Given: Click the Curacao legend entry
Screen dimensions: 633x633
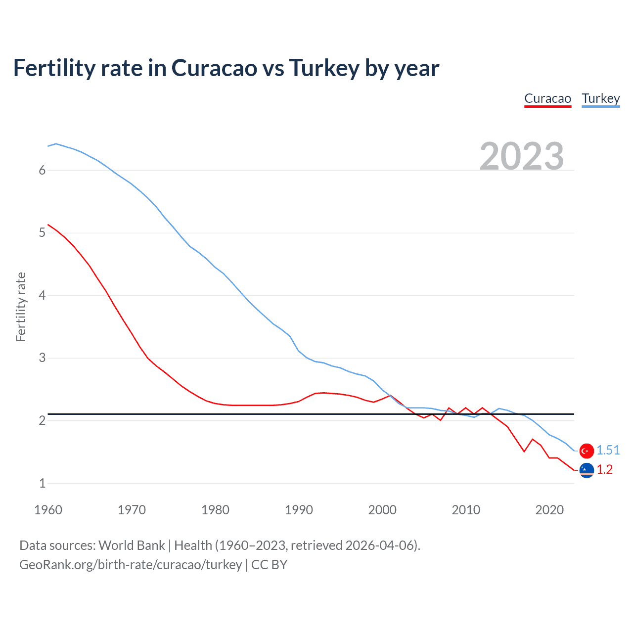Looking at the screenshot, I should click(547, 98).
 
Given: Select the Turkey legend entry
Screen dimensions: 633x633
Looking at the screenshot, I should click(600, 98).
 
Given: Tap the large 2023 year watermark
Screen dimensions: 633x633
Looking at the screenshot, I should click(522, 156).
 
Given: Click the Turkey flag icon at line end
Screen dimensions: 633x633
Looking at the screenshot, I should click(587, 451).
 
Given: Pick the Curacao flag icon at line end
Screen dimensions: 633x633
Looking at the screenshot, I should click(587, 470).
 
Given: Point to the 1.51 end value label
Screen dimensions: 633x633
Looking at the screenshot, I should click(608, 450).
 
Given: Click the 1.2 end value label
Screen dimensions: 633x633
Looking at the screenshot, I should click(604, 470).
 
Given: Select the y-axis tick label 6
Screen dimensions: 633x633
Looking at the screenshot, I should click(42, 170).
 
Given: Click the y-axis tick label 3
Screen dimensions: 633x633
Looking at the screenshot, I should click(42, 358).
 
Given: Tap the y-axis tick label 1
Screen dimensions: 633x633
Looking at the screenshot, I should click(42, 483).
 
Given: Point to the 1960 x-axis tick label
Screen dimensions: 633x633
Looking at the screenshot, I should click(48, 510).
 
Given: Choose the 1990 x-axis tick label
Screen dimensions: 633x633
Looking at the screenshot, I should click(299, 510).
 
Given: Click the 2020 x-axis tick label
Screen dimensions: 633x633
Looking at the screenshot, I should click(549, 510).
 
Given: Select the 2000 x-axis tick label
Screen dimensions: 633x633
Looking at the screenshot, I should click(382, 510).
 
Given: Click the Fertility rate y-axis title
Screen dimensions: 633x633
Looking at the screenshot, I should click(21, 307).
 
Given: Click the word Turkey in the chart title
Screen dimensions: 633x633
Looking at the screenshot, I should click(324, 68).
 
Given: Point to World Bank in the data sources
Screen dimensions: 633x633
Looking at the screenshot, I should click(132, 545).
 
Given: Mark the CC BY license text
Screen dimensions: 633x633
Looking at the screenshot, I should click(270, 565).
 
